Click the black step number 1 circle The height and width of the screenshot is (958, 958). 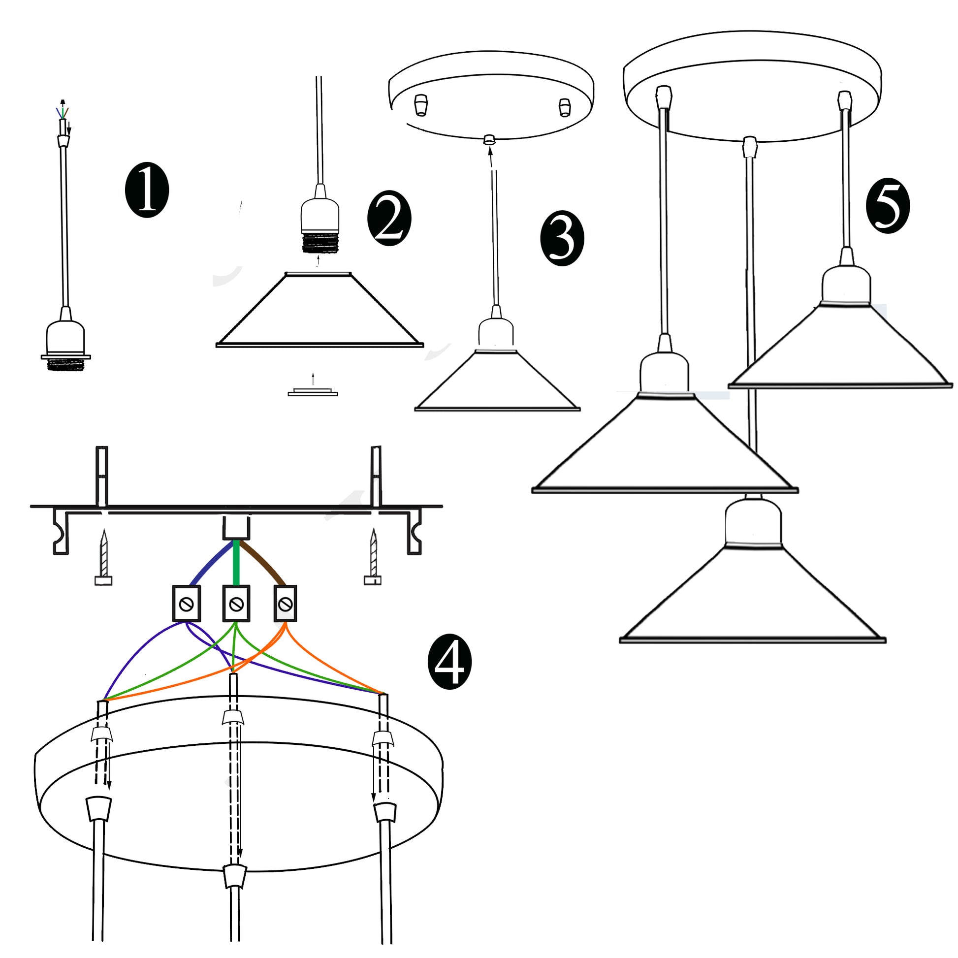(147, 191)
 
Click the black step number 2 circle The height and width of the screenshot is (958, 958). (389, 218)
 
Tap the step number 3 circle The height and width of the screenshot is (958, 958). (562, 239)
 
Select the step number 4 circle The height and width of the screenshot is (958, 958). (449, 662)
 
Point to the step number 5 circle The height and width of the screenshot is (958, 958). (888, 206)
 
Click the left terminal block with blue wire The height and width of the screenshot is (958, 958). (187, 604)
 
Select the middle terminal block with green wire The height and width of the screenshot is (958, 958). (236, 604)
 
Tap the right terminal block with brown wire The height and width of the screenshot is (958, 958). (285, 604)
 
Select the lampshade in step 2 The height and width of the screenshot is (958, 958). (319, 313)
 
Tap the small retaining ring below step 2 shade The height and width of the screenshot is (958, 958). (313, 393)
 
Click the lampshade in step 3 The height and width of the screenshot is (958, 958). (497, 382)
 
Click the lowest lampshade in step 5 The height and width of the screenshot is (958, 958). (753, 595)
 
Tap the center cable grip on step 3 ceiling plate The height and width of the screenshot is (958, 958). (489, 139)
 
